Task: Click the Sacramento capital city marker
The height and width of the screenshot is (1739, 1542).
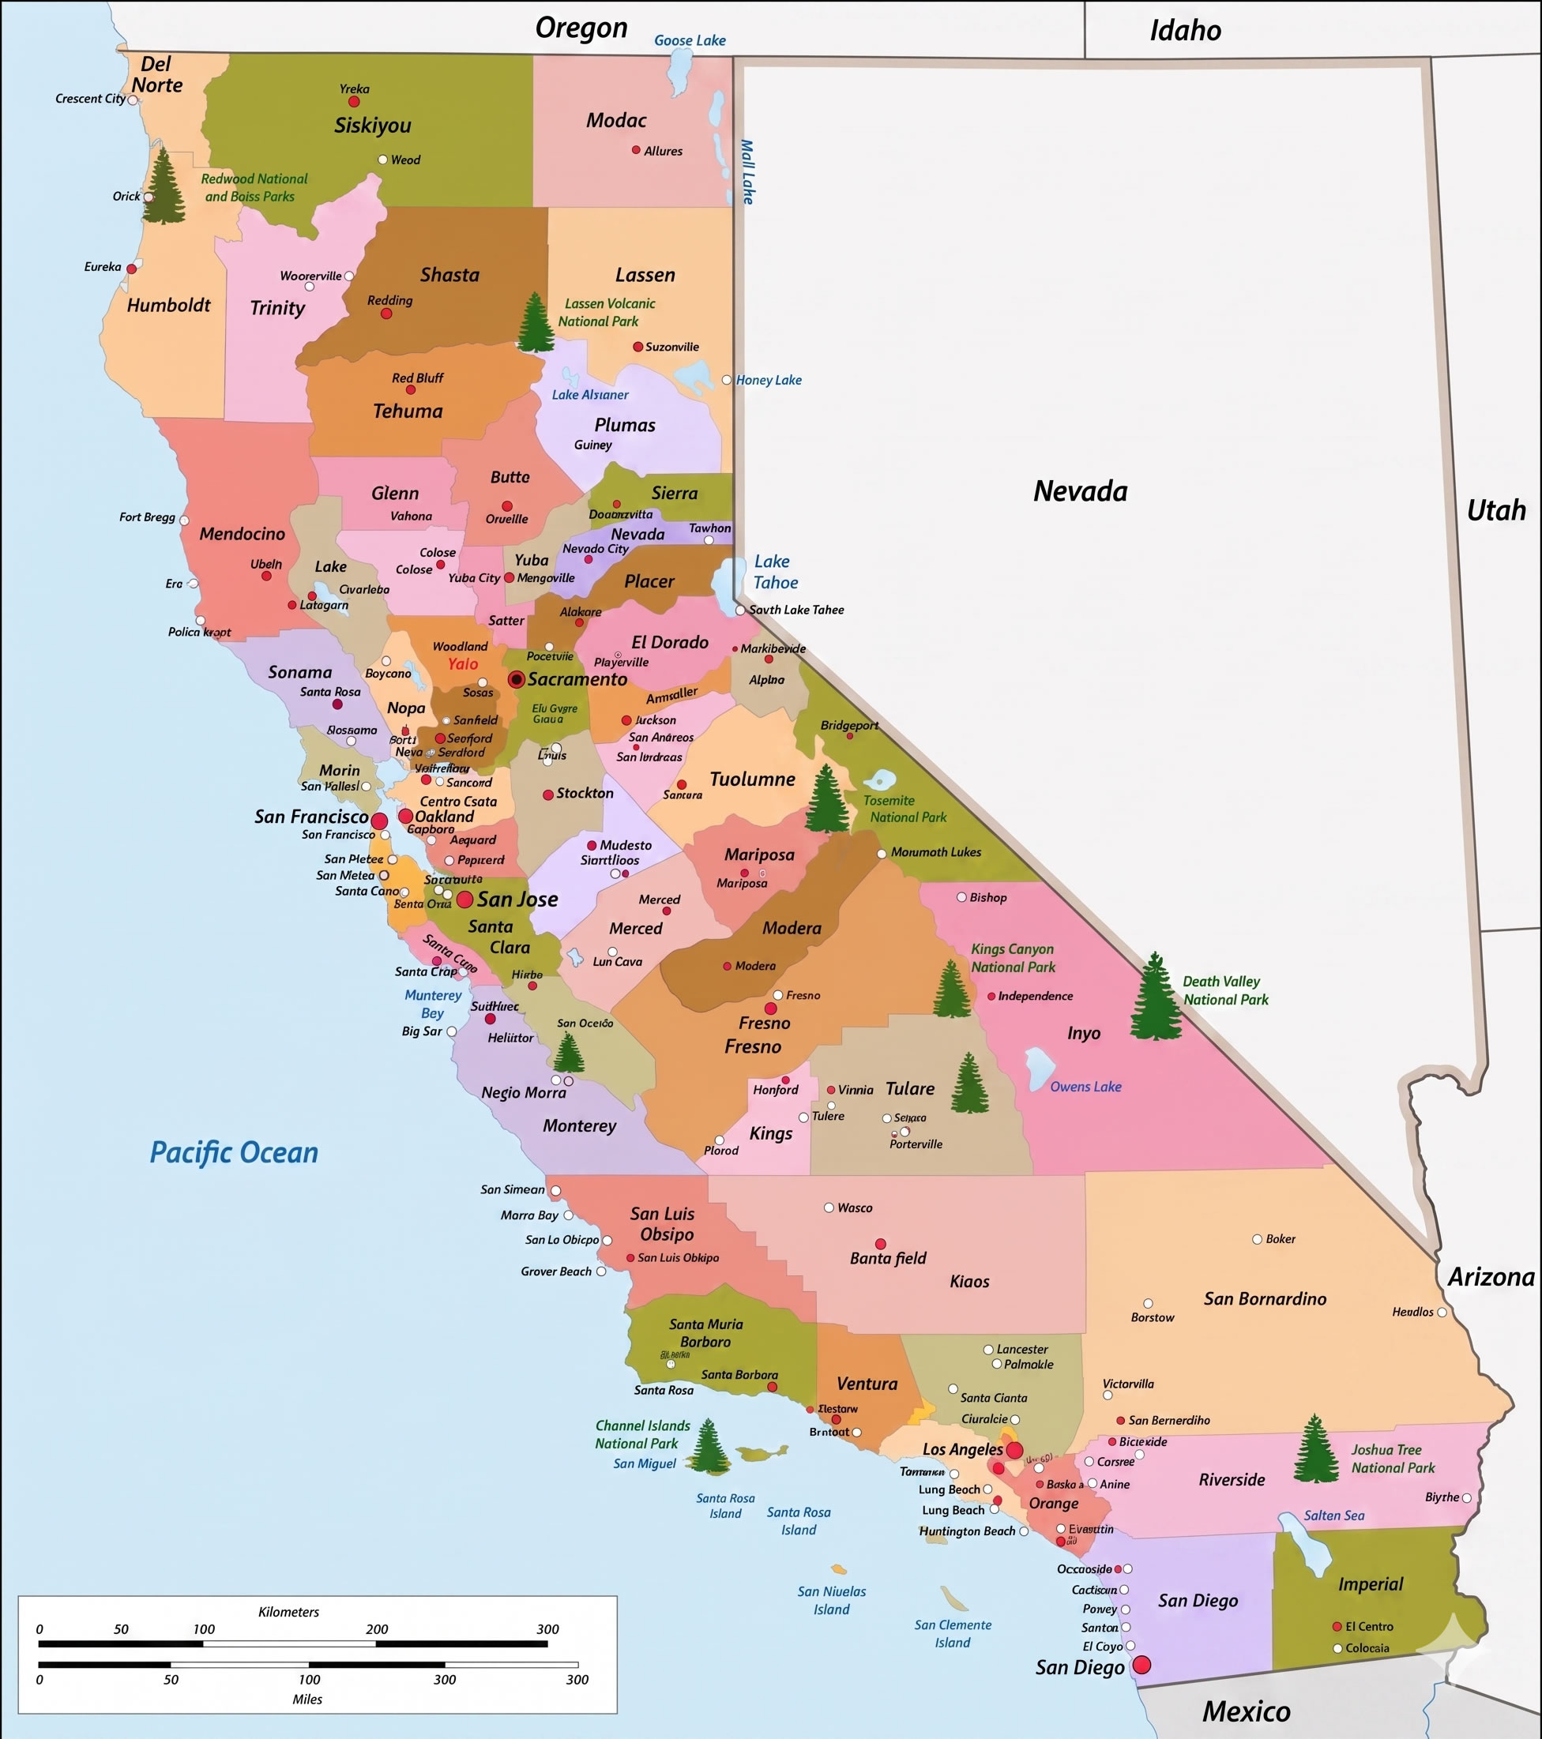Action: point(516,679)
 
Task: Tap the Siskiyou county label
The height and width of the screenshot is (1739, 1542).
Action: point(373,125)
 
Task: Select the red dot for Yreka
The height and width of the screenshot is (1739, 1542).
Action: point(354,101)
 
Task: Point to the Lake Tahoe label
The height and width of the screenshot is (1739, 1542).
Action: point(774,572)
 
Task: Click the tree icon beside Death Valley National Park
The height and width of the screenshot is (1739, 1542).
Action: point(1155,997)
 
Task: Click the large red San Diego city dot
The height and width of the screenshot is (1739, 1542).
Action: point(1142,1665)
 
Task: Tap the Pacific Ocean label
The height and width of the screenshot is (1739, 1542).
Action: point(234,1153)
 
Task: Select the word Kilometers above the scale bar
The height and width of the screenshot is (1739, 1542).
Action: point(288,1611)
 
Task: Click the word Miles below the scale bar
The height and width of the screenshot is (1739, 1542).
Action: point(307,1699)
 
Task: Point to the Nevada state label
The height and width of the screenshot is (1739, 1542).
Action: point(1080,491)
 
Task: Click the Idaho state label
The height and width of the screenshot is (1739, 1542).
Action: point(1186,31)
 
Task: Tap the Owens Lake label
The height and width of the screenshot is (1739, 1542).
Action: point(1085,1087)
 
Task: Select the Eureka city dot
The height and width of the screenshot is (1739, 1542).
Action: point(132,268)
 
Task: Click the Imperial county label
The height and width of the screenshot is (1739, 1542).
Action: point(1370,1584)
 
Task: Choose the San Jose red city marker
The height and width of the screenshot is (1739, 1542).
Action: point(464,900)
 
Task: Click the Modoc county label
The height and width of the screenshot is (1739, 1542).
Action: point(616,121)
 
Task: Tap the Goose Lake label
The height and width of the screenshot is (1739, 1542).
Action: point(690,40)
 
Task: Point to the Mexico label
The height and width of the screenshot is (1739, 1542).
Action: point(1246,1711)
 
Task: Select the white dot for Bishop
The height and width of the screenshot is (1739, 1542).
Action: point(961,896)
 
